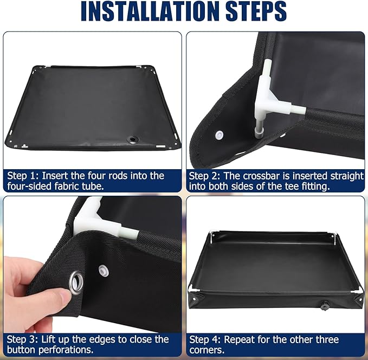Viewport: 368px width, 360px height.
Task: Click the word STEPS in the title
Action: (256, 11)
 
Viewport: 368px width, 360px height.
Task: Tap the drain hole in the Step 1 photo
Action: (133, 140)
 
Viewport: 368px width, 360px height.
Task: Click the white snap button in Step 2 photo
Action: (219, 135)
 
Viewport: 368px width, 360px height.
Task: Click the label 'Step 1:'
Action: (23, 176)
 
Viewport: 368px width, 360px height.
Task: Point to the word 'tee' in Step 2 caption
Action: (292, 187)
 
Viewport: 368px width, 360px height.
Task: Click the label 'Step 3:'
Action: (22, 339)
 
